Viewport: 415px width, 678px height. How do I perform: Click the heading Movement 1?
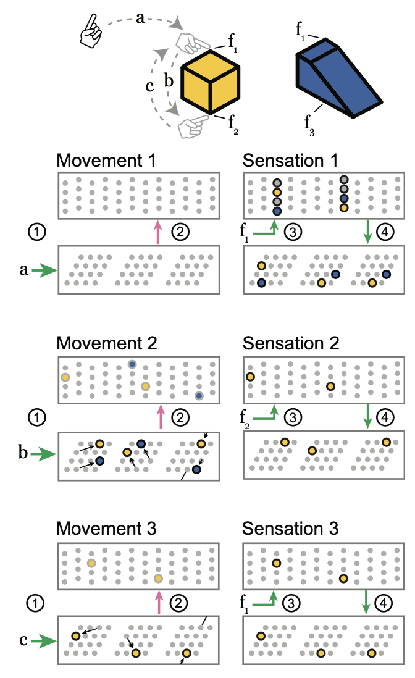106,161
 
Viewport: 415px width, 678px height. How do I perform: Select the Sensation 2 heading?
291,343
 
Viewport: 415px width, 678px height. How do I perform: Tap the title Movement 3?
106,529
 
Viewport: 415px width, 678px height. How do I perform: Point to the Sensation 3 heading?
290,529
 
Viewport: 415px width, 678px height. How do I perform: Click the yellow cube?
210,82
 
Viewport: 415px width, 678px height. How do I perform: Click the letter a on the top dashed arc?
140,18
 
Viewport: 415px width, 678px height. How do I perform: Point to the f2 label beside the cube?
233,125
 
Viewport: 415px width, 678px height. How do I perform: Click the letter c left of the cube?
149,86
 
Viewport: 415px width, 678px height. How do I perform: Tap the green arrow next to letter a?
44,270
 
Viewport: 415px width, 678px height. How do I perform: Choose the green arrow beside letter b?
44,454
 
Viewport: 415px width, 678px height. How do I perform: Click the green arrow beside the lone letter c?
44,641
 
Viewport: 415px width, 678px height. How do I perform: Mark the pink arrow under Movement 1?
158,232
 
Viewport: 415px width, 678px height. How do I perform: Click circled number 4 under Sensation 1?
385,232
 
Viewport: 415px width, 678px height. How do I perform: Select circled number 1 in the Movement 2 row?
37,417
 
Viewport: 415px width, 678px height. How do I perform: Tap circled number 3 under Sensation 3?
291,603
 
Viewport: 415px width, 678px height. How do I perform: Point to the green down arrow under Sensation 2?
367,416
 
